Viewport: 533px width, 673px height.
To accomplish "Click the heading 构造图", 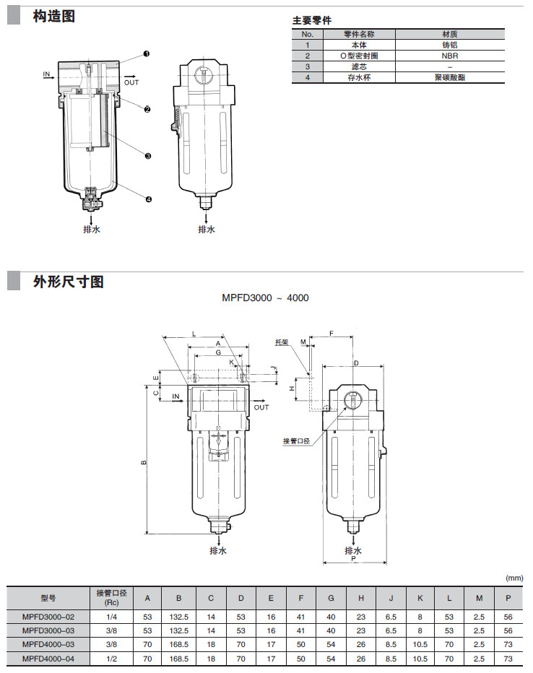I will pos(53,16).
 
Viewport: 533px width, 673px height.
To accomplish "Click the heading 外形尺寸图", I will pos(68,282).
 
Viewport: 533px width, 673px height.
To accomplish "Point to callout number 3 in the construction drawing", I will pos(147,155).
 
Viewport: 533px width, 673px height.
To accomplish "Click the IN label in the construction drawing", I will pos(46,74).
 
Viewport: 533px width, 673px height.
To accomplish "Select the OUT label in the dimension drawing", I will pos(261,407).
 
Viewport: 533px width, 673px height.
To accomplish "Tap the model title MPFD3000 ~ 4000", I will pos(266,298).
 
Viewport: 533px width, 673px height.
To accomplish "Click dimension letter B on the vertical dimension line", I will pos(143,463).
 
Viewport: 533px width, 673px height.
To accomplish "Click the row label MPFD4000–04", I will pos(48,658).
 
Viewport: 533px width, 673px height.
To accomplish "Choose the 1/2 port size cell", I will pos(111,658).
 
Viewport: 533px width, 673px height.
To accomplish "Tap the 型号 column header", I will pos(48,598).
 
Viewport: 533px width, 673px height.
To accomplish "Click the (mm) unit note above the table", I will pos(513,578).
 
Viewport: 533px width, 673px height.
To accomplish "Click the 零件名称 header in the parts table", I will pos(359,34).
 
